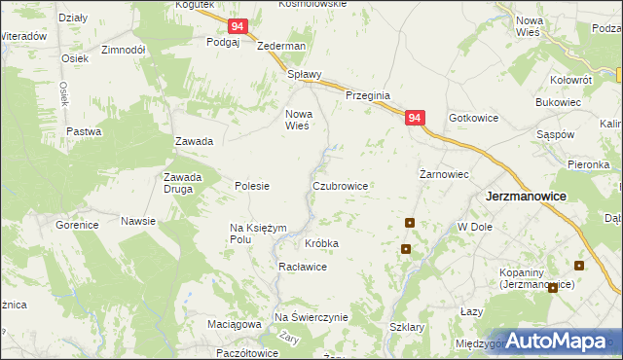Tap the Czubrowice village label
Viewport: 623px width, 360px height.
(x=340, y=184)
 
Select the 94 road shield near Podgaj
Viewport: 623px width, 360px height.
(x=238, y=29)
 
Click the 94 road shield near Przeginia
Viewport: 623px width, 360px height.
(x=416, y=118)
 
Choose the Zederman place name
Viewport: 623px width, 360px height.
(x=281, y=46)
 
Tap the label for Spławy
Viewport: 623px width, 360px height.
(x=304, y=73)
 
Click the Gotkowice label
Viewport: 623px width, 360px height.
(x=474, y=118)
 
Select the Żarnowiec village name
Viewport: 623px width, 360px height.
(x=445, y=174)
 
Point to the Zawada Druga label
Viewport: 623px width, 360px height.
(x=182, y=183)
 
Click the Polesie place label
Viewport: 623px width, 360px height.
(x=252, y=185)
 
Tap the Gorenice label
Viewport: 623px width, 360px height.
(x=77, y=225)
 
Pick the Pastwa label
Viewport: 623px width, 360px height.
(x=84, y=131)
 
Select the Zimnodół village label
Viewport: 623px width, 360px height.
(x=124, y=49)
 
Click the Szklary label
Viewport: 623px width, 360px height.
(x=407, y=328)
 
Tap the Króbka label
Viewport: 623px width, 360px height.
(x=321, y=243)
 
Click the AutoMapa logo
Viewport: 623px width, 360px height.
(x=553, y=341)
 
